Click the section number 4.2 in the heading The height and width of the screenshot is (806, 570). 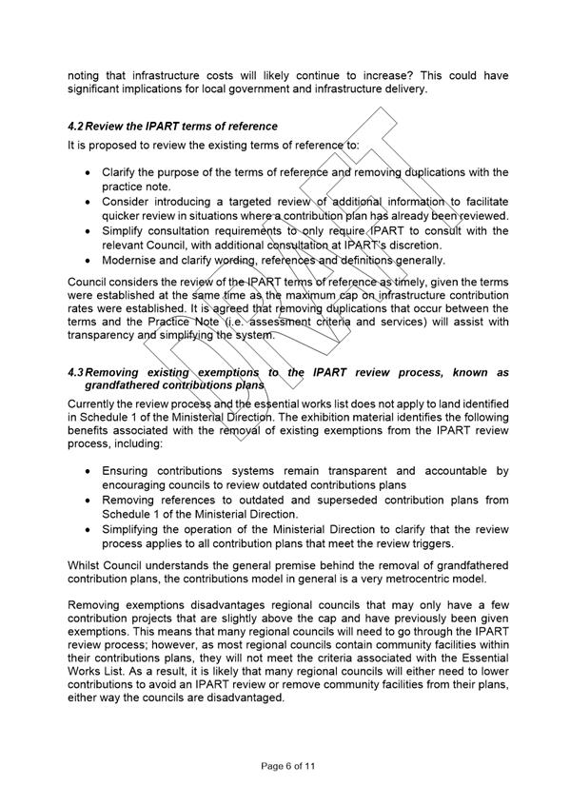[75, 127]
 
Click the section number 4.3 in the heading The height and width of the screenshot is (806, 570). [75, 373]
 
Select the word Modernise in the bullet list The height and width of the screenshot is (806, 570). [131, 260]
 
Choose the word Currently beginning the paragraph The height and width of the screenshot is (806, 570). [93, 404]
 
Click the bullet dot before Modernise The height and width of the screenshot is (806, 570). [88, 260]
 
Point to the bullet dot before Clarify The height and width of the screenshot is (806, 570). [88, 172]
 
